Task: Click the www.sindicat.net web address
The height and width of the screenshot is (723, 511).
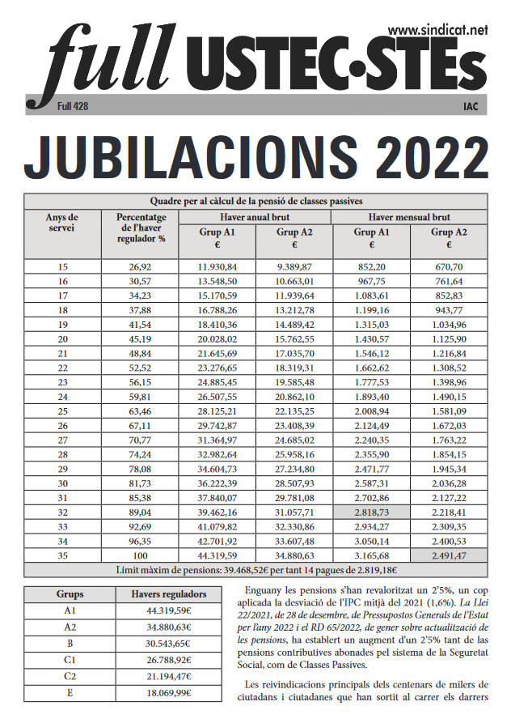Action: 437,30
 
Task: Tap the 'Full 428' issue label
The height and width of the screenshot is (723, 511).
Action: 73,107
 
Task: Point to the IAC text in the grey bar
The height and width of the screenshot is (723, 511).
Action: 471,107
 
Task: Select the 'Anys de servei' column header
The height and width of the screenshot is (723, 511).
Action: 62,223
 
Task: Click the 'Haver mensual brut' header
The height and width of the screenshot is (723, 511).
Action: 409,217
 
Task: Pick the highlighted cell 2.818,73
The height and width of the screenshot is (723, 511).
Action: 371,512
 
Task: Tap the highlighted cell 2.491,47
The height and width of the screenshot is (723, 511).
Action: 449,555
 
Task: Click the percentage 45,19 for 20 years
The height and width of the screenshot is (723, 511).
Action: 140,339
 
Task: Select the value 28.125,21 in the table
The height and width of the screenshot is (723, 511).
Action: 217,411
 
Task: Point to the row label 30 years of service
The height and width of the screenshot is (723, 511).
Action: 62,483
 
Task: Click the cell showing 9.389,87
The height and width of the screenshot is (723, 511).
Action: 294,267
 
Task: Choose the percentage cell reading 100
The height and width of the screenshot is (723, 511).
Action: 140,555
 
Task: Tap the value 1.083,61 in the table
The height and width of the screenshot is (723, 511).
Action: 371,296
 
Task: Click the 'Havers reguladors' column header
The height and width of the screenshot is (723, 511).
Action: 169,594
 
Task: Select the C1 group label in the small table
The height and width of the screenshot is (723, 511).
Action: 70,661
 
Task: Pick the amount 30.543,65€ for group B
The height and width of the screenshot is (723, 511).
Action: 169,644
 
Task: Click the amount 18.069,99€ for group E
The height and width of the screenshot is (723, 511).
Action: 169,693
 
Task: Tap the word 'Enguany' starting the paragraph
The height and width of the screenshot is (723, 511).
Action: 263,591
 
